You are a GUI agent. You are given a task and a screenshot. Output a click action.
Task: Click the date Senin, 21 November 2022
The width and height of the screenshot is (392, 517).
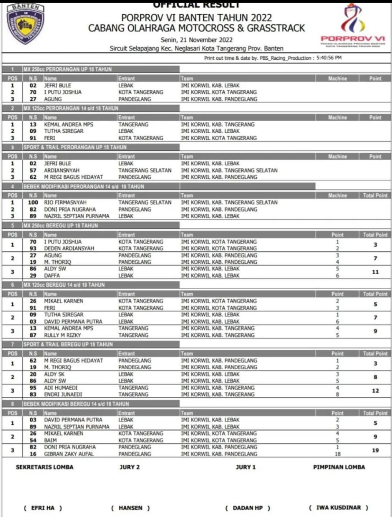click(196, 40)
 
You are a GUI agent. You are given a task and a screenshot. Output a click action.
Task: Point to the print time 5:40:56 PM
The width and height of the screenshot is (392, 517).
click(329, 58)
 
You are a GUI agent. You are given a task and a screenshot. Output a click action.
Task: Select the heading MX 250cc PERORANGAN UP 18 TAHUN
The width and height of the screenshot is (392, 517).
click(67, 69)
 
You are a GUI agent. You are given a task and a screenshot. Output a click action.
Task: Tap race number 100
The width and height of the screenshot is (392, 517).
click(33, 202)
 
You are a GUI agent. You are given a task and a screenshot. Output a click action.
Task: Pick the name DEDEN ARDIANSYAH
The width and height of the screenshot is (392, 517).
click(69, 249)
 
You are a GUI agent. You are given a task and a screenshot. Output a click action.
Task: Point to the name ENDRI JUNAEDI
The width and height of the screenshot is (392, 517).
click(63, 395)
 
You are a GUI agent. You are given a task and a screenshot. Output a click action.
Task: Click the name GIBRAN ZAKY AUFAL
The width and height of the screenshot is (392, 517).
click(69, 454)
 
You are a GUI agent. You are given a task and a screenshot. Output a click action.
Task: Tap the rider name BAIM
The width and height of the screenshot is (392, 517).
click(51, 440)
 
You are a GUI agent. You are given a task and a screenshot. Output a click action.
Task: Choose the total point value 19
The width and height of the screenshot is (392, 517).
click(375, 450)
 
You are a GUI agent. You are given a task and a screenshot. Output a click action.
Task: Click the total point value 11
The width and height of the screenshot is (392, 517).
click(375, 272)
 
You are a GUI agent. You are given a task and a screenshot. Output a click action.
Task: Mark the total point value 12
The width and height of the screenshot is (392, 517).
click(375, 391)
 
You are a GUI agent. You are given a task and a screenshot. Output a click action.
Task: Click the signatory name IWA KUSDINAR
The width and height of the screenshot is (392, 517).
click(339, 507)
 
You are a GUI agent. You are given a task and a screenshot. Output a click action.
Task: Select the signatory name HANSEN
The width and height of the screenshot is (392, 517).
click(130, 508)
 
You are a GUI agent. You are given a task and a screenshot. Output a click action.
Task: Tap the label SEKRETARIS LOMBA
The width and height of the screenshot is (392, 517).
click(45, 467)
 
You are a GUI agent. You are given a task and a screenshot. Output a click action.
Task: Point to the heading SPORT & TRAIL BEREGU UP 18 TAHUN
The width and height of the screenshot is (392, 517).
click(68, 345)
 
